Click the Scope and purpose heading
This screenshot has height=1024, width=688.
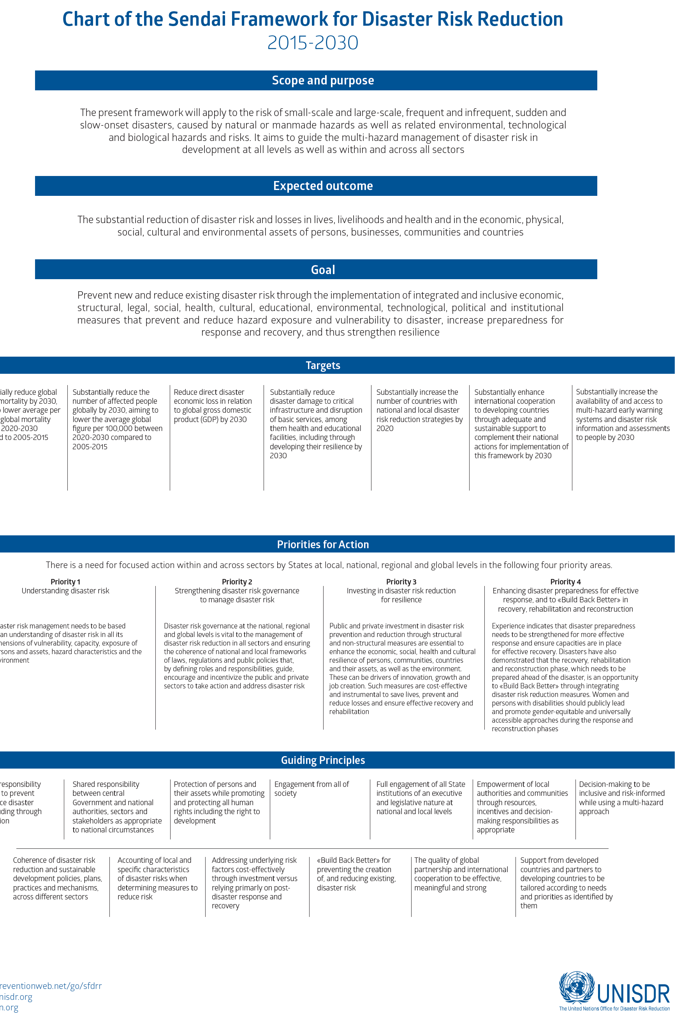[322, 80]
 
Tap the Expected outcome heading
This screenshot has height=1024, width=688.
[322, 186]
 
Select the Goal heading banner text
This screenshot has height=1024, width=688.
[322, 270]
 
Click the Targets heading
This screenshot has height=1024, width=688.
[322, 366]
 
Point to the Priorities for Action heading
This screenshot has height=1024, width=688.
[322, 544]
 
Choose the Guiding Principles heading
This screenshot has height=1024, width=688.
[322, 760]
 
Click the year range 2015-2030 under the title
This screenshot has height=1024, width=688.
[312, 43]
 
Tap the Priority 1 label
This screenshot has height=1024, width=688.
[65, 582]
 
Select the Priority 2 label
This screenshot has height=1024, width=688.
[237, 582]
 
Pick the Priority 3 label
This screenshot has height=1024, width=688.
[401, 582]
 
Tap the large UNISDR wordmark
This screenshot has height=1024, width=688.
[633, 994]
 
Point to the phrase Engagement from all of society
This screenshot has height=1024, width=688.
[311, 788]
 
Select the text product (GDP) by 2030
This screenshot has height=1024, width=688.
[210, 419]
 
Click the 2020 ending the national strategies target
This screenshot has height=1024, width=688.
[385, 429]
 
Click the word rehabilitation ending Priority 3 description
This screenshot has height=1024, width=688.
[349, 712]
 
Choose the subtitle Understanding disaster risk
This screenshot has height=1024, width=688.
[65, 591]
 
